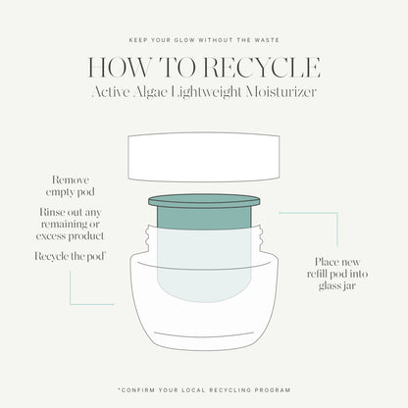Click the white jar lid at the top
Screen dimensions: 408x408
204,155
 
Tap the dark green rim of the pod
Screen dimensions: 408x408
204,202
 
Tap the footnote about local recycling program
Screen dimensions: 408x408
203,389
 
